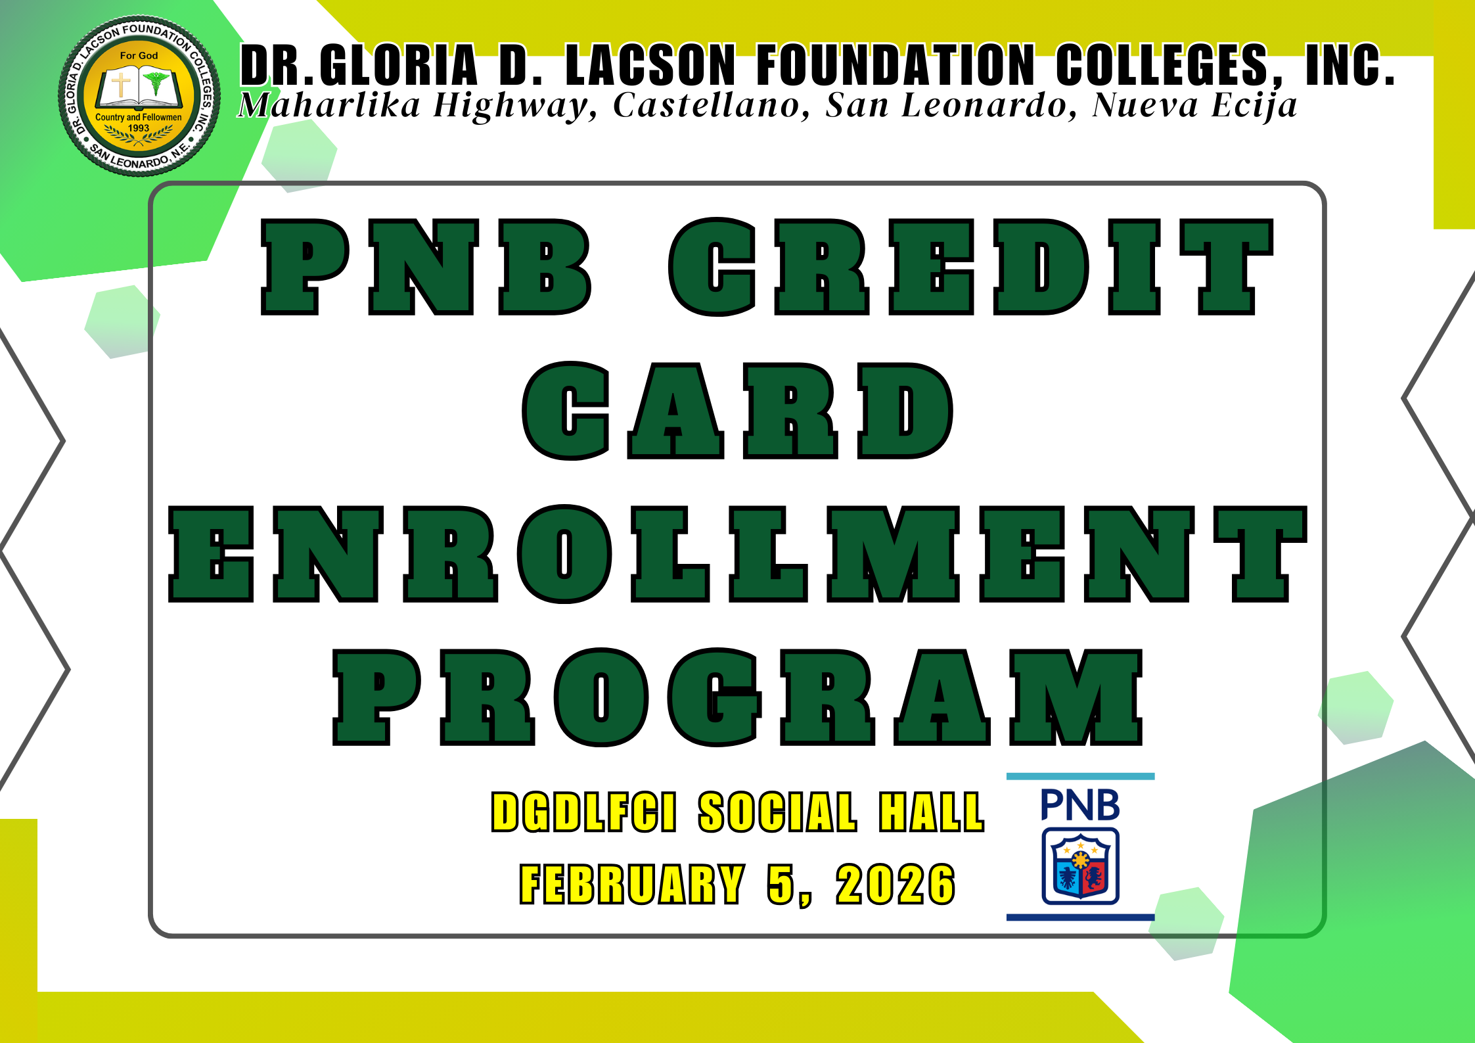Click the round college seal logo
click(x=139, y=96)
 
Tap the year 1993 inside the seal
click(x=139, y=128)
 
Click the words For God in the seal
click(x=139, y=56)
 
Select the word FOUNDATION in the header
click(x=896, y=65)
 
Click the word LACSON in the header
click(x=650, y=65)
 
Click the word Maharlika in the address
click(x=329, y=106)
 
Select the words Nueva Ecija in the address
click(x=1194, y=106)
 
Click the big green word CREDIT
click(x=970, y=267)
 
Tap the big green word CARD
click(x=737, y=411)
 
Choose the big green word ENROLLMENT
click(x=737, y=554)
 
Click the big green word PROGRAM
click(x=737, y=697)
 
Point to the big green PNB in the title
click(x=426, y=267)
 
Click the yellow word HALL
click(x=932, y=812)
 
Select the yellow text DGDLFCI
click(x=583, y=812)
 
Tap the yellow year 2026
click(x=895, y=885)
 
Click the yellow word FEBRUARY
click(x=632, y=885)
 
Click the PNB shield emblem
click(x=1080, y=866)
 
